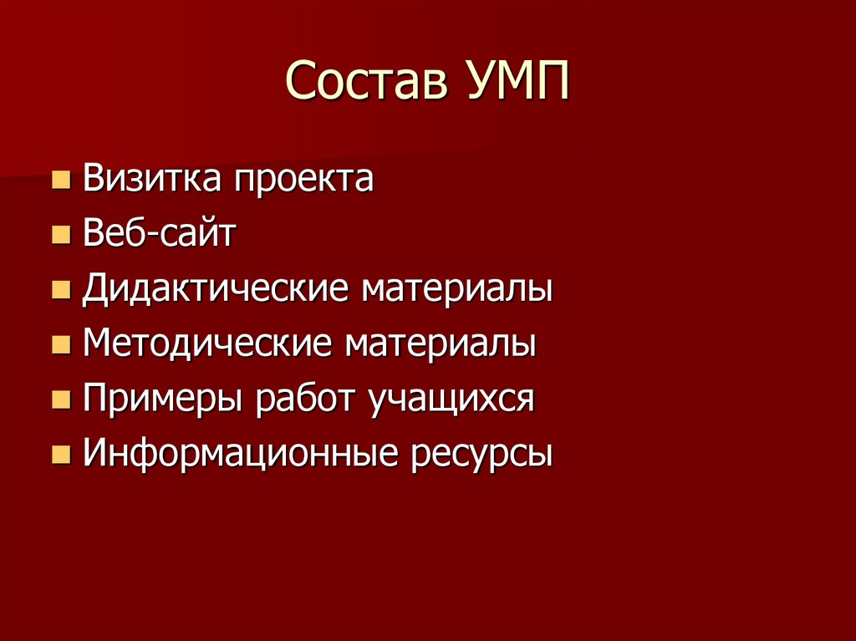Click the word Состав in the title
pyautogui.click(x=363, y=84)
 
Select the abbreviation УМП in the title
pyautogui.click(x=512, y=84)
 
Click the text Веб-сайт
pyautogui.click(x=159, y=234)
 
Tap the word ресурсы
pyautogui.click(x=481, y=455)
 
